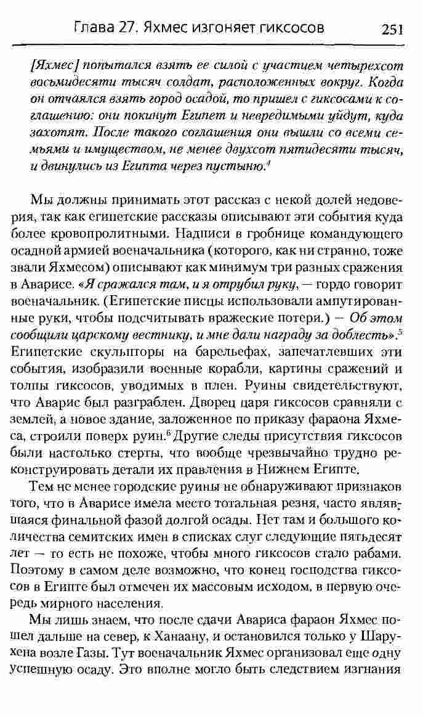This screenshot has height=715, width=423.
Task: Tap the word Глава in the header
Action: pos(92,28)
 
